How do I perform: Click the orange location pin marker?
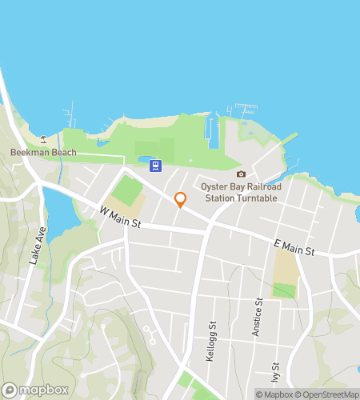point(180,200)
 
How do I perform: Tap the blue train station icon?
point(154,166)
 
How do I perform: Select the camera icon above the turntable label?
point(241,174)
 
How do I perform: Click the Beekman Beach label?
point(43,152)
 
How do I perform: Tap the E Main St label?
point(294,250)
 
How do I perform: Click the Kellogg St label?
point(213,339)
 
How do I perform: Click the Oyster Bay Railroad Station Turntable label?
point(241,192)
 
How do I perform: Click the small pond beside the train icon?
point(144,163)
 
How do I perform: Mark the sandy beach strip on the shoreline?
point(155,122)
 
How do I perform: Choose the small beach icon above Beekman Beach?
point(44,140)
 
